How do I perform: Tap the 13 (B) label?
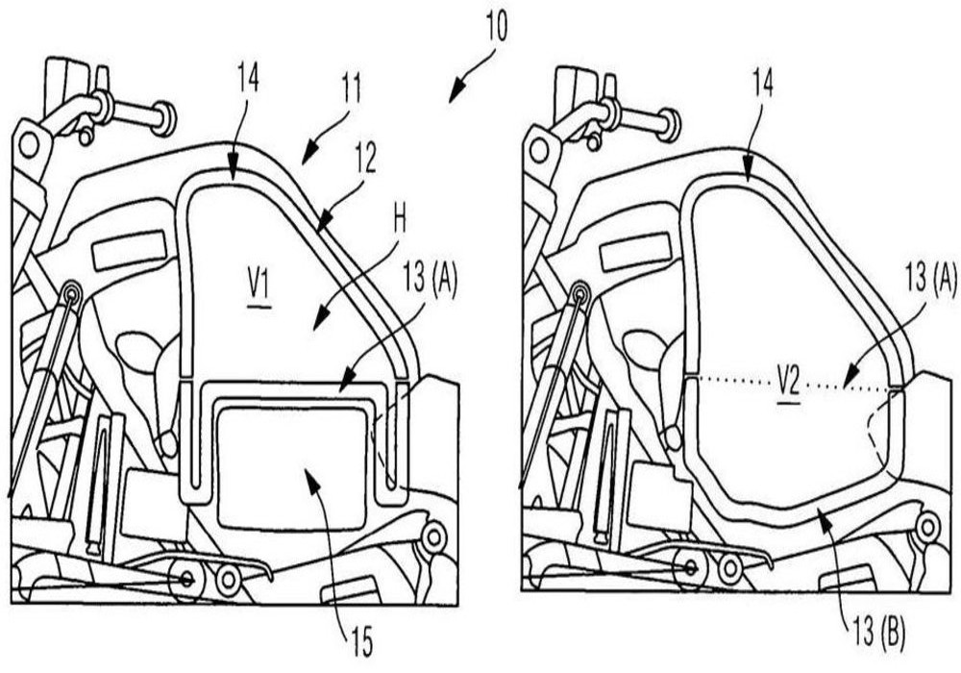tap(878, 633)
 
